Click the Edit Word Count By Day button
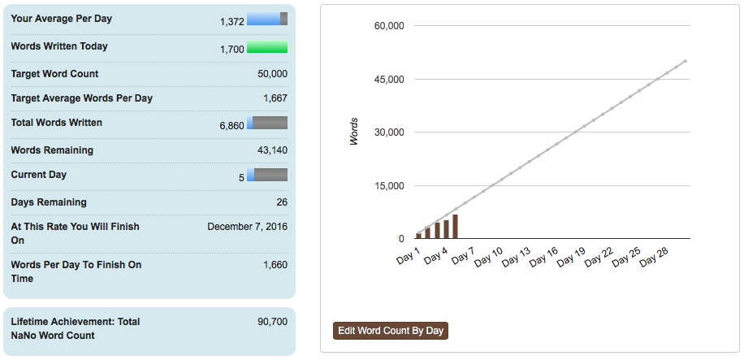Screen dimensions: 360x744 click(x=391, y=331)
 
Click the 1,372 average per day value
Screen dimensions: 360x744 click(x=231, y=22)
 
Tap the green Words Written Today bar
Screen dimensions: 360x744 click(x=266, y=47)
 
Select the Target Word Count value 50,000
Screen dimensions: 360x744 click(x=271, y=74)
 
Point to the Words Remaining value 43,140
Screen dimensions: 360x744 click(x=271, y=150)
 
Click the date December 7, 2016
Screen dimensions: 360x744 click(x=247, y=227)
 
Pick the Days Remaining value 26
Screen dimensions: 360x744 click(x=281, y=202)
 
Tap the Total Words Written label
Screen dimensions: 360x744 click(x=57, y=123)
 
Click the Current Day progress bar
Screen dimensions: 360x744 click(x=266, y=175)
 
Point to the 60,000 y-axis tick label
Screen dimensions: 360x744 click(x=389, y=26)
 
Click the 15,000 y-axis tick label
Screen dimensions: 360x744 click(x=389, y=186)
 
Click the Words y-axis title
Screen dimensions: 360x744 click(x=354, y=132)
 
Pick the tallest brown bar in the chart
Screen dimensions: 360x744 click(x=455, y=226)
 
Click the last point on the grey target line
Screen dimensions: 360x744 click(x=686, y=61)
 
